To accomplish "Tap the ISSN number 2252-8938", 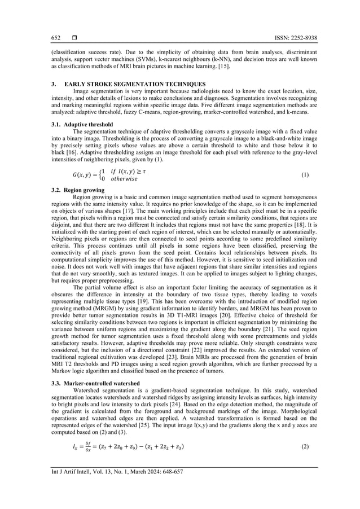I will click(x=302, y=38).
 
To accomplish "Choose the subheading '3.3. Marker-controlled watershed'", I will click(x=96, y=383).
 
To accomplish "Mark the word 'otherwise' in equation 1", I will click(x=124, y=179).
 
